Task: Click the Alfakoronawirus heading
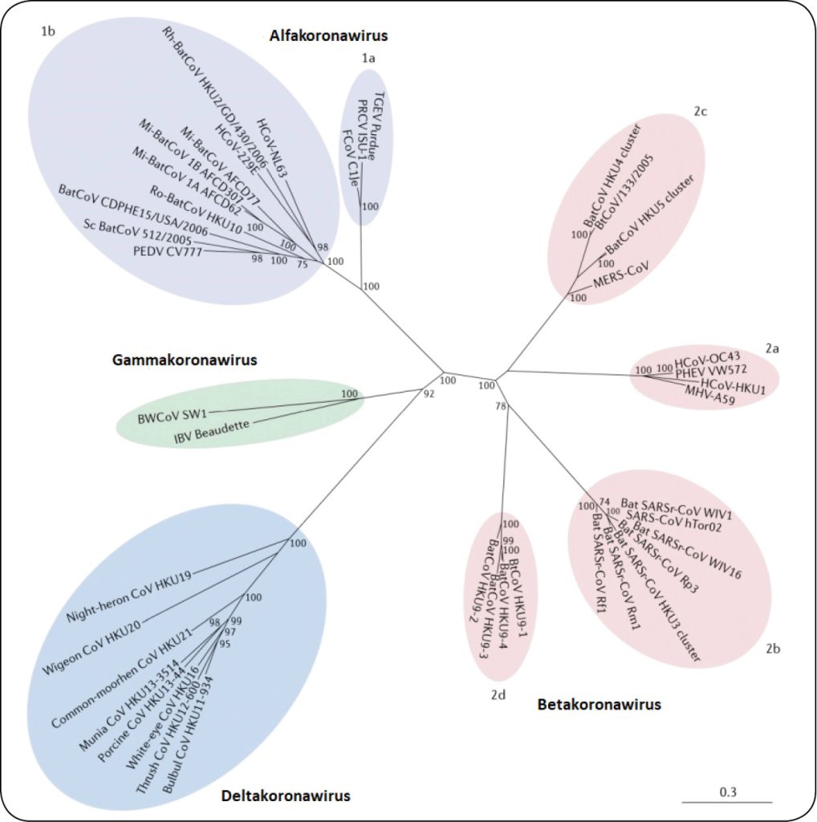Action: pos(328,35)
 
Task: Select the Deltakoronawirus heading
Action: pos(285,796)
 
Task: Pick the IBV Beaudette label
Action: pos(211,433)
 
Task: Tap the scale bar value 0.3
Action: pos(728,791)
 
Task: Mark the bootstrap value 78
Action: pos(502,408)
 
